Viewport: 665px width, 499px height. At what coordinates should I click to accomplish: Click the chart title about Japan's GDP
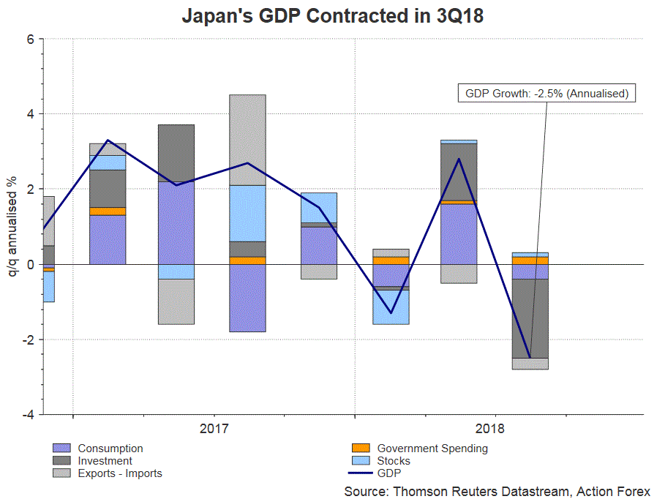(x=332, y=16)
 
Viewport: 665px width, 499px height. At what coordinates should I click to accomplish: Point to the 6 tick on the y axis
(x=31, y=39)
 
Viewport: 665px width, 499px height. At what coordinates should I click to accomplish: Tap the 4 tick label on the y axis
(x=31, y=114)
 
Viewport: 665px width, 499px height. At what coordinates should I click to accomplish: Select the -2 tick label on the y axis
(x=29, y=339)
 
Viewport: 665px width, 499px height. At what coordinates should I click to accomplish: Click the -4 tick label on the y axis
(x=29, y=415)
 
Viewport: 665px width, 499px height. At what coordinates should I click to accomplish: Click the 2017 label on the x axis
(x=214, y=428)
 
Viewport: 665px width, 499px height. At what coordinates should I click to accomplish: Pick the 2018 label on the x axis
(x=495, y=428)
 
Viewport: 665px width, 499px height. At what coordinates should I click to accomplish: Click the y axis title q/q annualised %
(x=12, y=227)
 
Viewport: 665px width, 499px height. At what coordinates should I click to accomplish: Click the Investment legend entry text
(x=105, y=461)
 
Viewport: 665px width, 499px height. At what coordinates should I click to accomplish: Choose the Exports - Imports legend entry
(x=119, y=473)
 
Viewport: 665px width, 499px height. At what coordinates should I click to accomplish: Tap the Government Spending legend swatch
(x=361, y=449)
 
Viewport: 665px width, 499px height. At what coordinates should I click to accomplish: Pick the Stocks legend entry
(x=393, y=461)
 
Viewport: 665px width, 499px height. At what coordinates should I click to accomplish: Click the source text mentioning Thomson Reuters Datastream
(x=497, y=491)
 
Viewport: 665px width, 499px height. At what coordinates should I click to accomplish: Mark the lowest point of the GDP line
(x=530, y=357)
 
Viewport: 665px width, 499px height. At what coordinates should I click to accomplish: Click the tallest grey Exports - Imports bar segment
(x=247, y=140)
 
